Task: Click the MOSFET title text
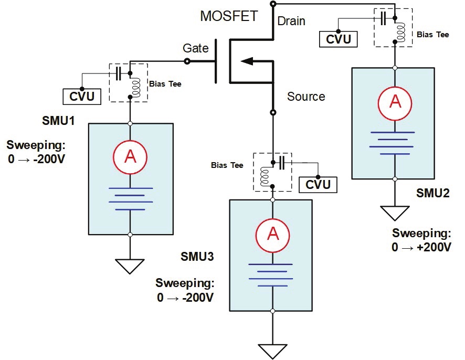(x=229, y=16)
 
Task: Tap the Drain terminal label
(x=291, y=22)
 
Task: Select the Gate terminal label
(x=196, y=48)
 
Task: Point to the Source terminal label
(x=306, y=97)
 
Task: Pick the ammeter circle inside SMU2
(x=395, y=102)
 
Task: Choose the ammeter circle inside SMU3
(x=272, y=234)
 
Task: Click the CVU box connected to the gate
(x=81, y=97)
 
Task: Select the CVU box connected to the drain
(x=339, y=39)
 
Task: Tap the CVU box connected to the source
(x=318, y=184)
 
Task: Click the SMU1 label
(x=58, y=122)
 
